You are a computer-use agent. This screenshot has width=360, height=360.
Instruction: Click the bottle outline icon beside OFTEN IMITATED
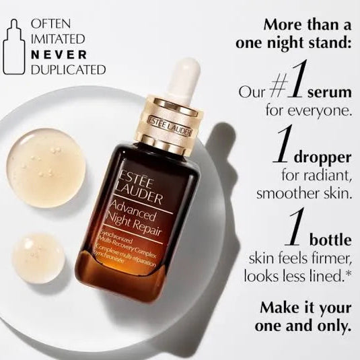coord(13,46)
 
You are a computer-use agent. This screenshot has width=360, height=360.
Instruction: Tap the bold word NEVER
coord(58,55)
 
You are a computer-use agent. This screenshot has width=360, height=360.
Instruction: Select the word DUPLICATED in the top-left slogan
coord(68,69)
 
